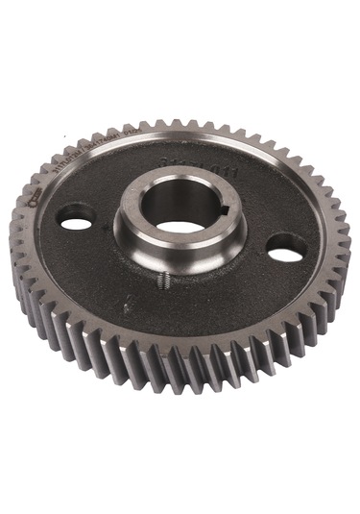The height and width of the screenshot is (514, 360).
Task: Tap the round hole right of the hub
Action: pyautogui.click(x=285, y=250)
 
